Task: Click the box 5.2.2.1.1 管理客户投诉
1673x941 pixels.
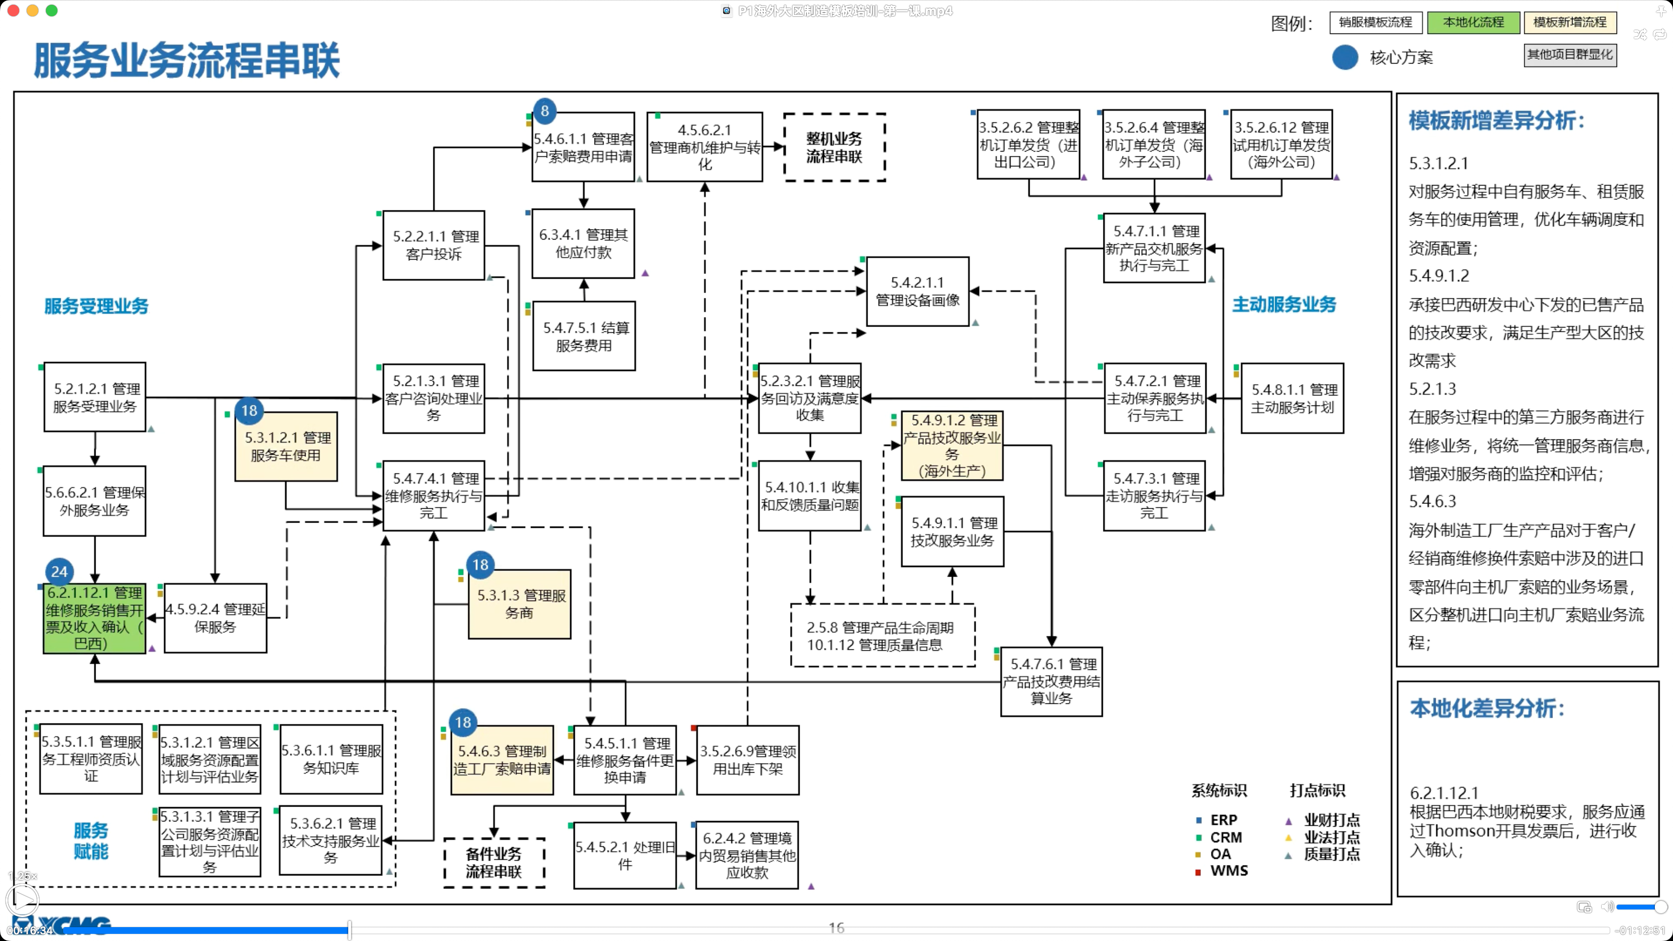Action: pyautogui.click(x=434, y=245)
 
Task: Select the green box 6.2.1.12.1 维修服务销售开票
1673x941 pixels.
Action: pyautogui.click(x=94, y=618)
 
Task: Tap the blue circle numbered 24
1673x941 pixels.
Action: pyautogui.click(x=60, y=571)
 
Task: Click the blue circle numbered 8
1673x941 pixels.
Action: pyautogui.click(x=545, y=111)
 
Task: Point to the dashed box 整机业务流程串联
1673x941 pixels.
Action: pyautogui.click(x=835, y=147)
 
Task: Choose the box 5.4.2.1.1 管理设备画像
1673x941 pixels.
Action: pyautogui.click(x=918, y=291)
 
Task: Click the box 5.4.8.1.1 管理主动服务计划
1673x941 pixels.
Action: pyautogui.click(x=1292, y=398)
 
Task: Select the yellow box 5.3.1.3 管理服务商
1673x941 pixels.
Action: pyautogui.click(x=519, y=604)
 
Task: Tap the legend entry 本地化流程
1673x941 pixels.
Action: pyautogui.click(x=1473, y=22)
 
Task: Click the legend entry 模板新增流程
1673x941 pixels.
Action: pyautogui.click(x=1570, y=22)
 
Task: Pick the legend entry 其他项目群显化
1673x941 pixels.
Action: pyautogui.click(x=1570, y=55)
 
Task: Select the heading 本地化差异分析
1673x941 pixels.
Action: pyautogui.click(x=1487, y=709)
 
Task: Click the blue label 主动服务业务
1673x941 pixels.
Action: pyautogui.click(x=1284, y=305)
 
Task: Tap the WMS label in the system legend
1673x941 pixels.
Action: pyautogui.click(x=1229, y=870)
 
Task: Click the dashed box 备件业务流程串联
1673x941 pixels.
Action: pyautogui.click(x=494, y=863)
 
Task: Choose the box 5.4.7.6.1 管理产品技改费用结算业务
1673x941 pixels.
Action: pyautogui.click(x=1051, y=681)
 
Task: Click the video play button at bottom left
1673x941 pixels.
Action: pyautogui.click(x=22, y=900)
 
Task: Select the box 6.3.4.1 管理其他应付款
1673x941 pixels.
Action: pyautogui.click(x=583, y=243)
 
